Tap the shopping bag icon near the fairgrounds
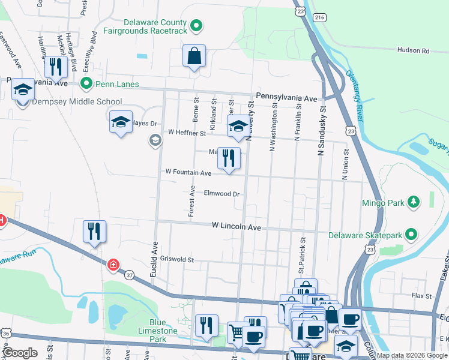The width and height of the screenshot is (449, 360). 194,56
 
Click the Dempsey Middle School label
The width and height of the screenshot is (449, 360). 77,102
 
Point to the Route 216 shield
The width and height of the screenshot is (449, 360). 319,19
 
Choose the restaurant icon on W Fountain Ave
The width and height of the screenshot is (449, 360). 228,158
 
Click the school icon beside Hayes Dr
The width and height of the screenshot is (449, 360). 121,122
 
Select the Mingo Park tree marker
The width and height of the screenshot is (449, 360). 413,203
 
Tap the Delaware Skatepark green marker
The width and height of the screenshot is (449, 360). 411,233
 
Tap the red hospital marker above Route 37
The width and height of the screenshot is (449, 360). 113,265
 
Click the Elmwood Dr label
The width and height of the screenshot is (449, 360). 221,194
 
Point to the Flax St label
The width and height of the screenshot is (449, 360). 421,296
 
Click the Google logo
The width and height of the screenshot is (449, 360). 20,353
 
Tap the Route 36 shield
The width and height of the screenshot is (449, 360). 5,332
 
